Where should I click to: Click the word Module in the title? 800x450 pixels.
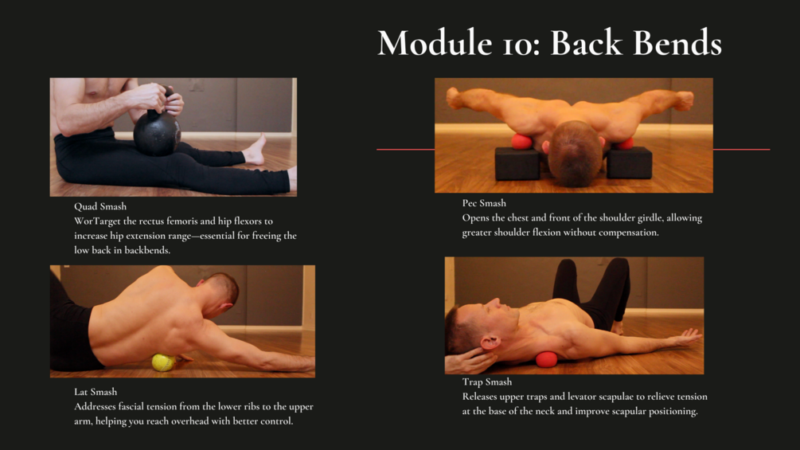point(435,42)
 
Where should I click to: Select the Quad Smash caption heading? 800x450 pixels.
point(100,206)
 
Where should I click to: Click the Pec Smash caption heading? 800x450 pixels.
point(484,203)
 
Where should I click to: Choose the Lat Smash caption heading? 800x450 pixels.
point(96,392)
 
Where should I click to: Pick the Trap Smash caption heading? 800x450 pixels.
point(486,382)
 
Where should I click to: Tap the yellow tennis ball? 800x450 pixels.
point(163,362)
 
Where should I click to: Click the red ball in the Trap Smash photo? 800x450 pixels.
point(546,359)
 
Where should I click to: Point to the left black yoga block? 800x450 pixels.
point(517,163)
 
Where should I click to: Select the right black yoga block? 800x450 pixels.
point(629,163)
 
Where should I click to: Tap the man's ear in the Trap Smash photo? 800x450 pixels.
point(490,342)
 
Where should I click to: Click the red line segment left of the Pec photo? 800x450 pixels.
point(406,150)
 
